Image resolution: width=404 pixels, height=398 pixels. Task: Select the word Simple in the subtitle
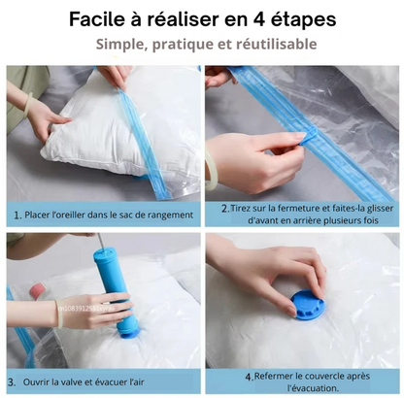pyautogui.click(x=122, y=45)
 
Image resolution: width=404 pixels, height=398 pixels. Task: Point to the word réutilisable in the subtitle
pyautogui.click(x=274, y=45)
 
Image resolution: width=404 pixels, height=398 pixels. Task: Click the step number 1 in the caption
pyautogui.click(x=17, y=215)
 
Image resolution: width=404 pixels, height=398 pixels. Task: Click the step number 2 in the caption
pyautogui.click(x=224, y=208)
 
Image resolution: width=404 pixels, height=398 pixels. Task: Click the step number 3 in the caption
pyautogui.click(x=12, y=382)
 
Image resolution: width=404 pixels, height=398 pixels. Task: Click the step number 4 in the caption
pyautogui.click(x=248, y=376)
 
